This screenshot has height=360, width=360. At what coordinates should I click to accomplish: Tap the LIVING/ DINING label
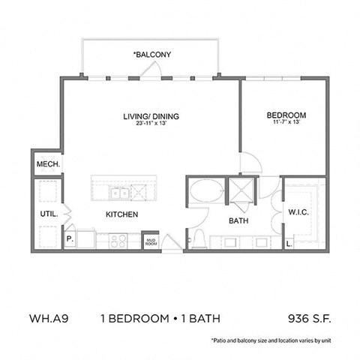152,116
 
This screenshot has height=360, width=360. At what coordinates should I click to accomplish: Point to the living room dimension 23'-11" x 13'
152,124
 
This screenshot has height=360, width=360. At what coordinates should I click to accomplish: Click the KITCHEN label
121,214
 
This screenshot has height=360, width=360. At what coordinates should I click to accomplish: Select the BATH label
238,220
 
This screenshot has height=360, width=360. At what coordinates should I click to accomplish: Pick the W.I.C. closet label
299,212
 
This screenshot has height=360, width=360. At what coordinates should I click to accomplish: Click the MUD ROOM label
151,241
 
